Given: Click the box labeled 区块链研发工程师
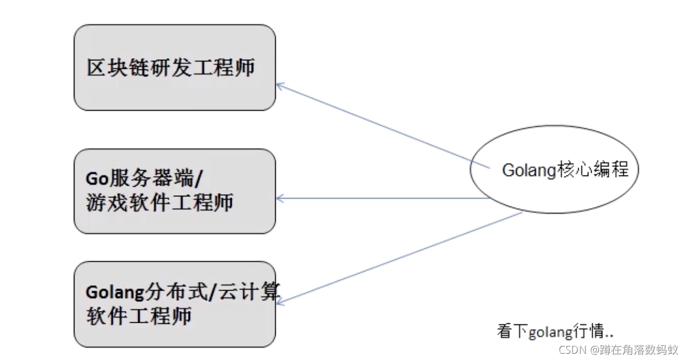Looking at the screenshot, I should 175,67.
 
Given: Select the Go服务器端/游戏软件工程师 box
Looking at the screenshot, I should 175,191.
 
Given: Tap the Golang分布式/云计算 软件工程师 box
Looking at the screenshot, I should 175,304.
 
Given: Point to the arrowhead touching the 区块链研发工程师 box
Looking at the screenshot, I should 279,86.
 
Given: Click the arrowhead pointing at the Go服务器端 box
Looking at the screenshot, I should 279,199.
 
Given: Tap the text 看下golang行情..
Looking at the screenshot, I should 556,332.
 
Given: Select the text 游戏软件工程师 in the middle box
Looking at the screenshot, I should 160,202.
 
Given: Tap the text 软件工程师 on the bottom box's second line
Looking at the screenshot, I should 139,315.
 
